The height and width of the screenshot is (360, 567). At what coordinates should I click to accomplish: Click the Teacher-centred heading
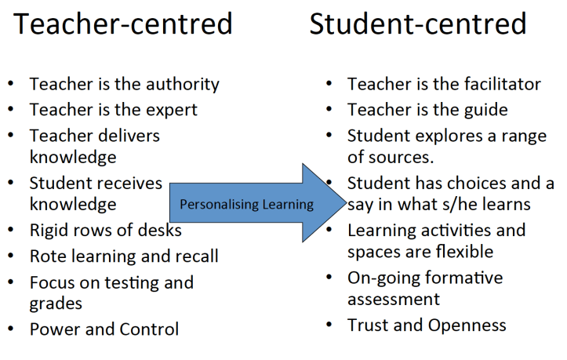(x=123, y=24)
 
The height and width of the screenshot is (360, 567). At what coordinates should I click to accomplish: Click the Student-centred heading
(x=417, y=24)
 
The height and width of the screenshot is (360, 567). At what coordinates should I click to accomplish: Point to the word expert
(x=171, y=110)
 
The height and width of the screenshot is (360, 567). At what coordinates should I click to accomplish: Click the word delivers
(x=125, y=136)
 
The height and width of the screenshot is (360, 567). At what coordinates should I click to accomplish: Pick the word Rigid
(x=50, y=230)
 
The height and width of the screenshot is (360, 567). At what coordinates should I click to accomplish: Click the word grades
(x=56, y=303)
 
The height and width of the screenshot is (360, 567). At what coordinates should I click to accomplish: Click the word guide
(x=485, y=110)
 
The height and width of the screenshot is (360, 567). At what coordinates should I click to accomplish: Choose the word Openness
(x=467, y=324)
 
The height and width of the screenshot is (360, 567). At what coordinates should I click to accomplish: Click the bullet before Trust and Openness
(x=329, y=324)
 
